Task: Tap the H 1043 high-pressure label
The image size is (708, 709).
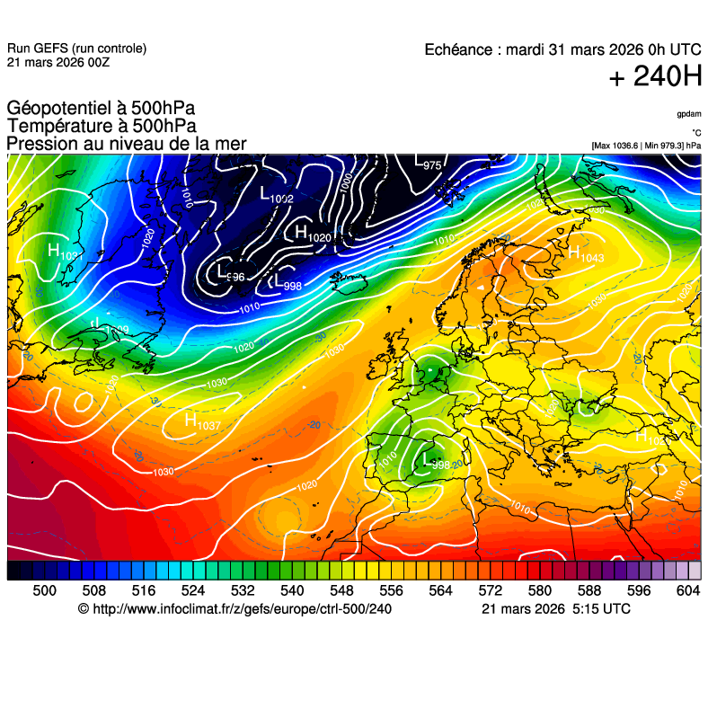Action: pos(585,255)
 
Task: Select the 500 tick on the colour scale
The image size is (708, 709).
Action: pos(45,590)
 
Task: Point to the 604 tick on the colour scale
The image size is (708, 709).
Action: pos(687,590)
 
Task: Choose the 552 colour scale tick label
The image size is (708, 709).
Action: pos(366,590)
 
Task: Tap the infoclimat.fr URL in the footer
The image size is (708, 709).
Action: pos(235,609)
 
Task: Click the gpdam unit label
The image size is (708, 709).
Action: pos(689,114)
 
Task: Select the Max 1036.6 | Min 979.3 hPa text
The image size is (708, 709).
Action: pos(646,146)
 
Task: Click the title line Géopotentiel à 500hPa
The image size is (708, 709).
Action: pos(101,109)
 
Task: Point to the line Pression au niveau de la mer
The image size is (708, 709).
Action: pos(126,144)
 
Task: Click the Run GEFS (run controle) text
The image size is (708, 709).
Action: pos(76,49)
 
